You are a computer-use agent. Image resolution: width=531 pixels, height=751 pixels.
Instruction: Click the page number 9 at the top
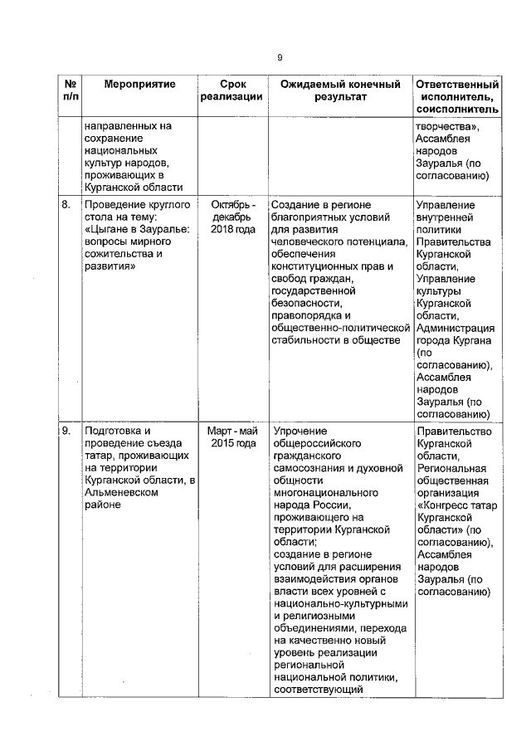pyautogui.click(x=280, y=57)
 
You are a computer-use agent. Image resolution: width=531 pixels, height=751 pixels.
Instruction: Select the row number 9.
pyautogui.click(x=66, y=431)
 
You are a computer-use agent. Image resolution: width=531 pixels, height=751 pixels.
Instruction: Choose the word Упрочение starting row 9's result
pyautogui.click(x=300, y=431)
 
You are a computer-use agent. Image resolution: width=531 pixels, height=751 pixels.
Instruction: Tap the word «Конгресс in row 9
pyautogui.click(x=447, y=504)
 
